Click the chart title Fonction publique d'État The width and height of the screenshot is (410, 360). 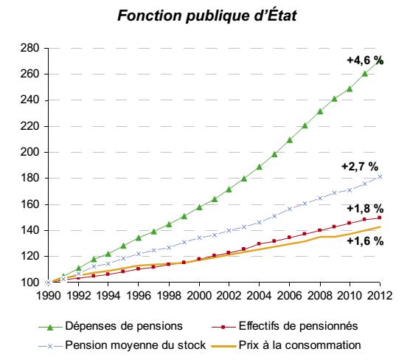206,15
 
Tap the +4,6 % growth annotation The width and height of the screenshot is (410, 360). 365,60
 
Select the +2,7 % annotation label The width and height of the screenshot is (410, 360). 360,167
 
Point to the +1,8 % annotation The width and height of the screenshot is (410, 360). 365,209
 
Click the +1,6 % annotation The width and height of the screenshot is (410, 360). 365,240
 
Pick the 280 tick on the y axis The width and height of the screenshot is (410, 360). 29,48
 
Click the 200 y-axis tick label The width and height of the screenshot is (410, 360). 29,152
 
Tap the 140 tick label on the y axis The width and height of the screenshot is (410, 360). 29,230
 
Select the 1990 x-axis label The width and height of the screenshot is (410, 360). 49,296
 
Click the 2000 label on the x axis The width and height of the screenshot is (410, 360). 199,296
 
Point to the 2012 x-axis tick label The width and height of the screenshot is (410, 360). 380,296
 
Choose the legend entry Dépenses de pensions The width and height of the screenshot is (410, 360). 111,326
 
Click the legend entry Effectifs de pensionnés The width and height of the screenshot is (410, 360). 285,326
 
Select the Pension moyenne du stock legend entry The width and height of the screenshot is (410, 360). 122,345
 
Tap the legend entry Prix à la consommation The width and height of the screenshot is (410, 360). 286,345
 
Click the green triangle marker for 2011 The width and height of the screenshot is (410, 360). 365,74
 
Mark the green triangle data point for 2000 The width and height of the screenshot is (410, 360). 199,207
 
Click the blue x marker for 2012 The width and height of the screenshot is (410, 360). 380,177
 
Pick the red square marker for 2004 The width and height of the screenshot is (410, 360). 259,243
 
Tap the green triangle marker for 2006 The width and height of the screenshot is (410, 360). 290,140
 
